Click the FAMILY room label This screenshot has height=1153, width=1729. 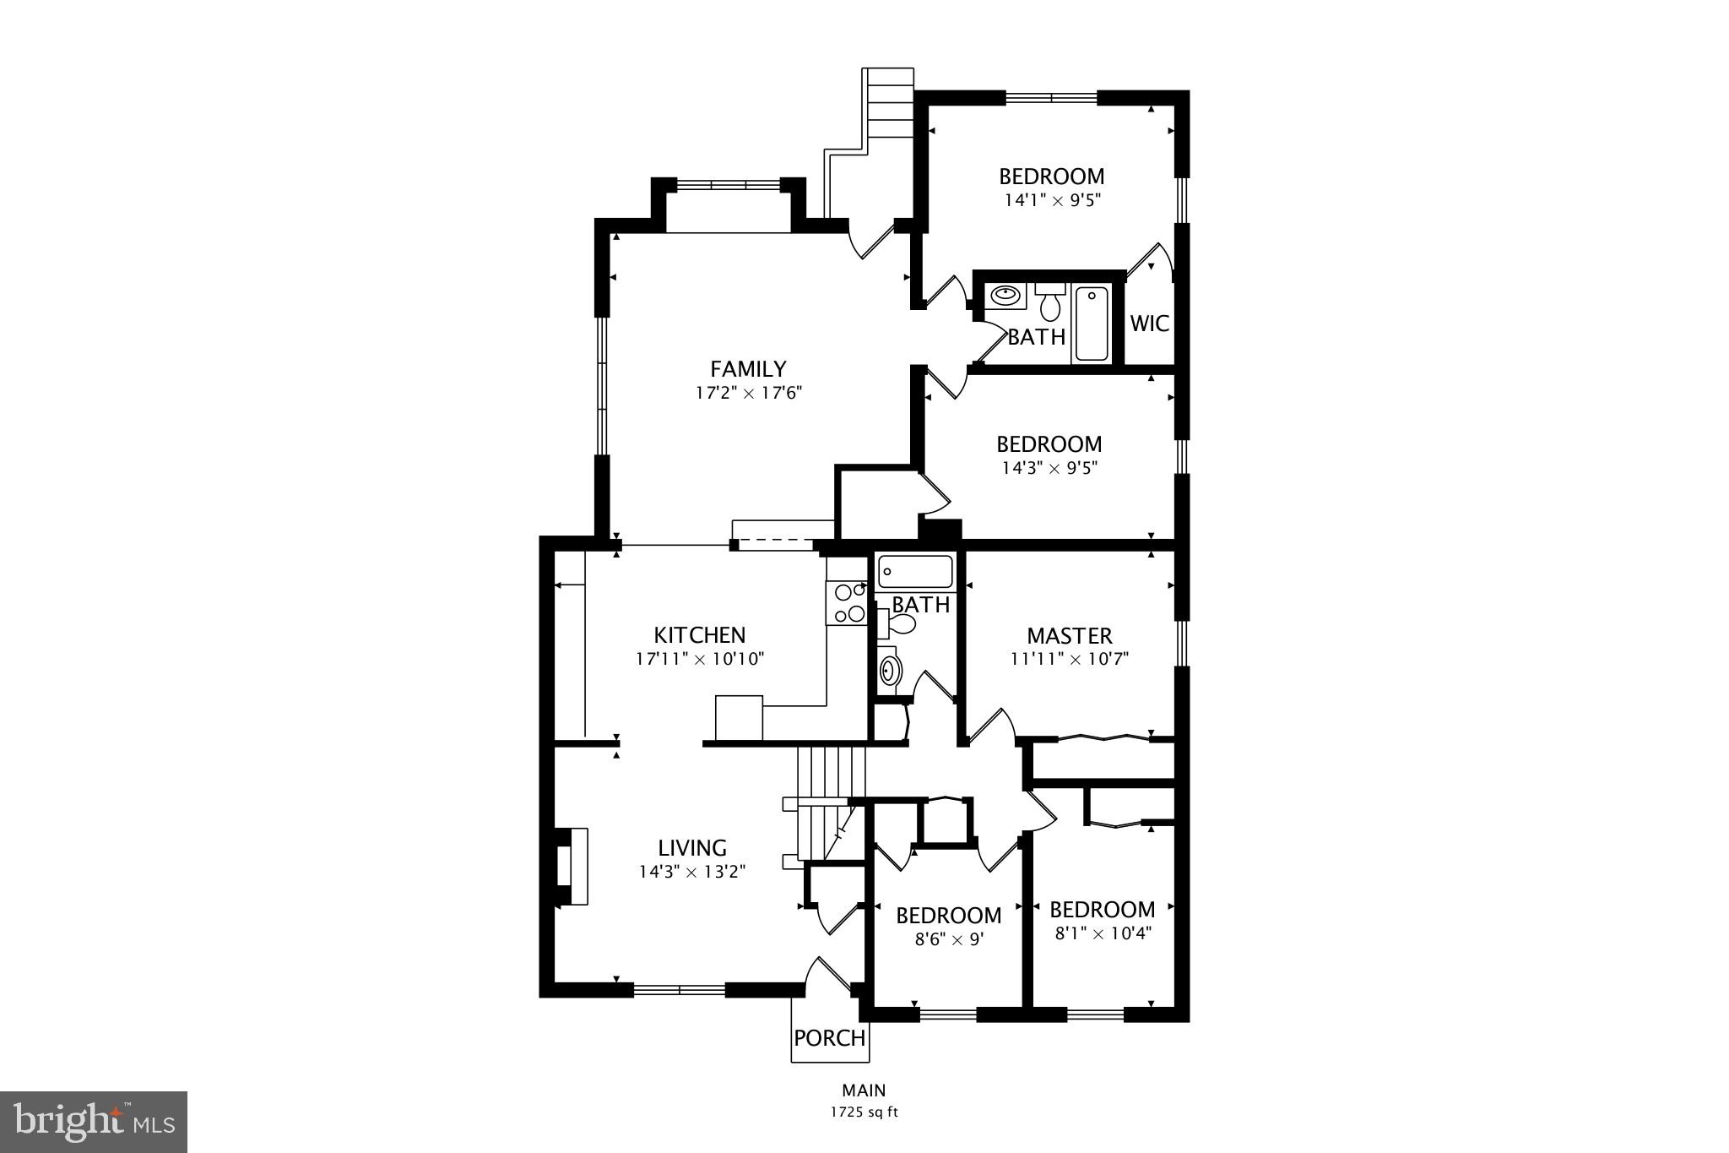coord(748,369)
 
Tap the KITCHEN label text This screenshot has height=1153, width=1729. coord(700,635)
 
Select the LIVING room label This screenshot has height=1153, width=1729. coord(692,848)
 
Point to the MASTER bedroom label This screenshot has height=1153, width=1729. coord(1070,636)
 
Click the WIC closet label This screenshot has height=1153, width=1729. coord(1150,324)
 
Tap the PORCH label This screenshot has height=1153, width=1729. coord(830,1038)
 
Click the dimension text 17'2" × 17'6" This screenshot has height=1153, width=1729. coord(748,393)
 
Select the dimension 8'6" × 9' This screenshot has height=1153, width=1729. coord(949,939)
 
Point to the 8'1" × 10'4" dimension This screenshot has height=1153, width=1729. coord(1103,933)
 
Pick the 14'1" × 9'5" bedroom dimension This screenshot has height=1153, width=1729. coord(1052,201)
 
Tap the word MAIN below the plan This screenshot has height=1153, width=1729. coord(864,1090)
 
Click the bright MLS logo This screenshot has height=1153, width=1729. coord(94,1122)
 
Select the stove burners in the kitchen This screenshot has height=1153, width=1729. coord(848,603)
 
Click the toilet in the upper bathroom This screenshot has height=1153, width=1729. coord(1049,301)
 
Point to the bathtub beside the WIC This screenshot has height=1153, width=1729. coord(1092,324)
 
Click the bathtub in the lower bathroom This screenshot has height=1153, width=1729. coord(914,572)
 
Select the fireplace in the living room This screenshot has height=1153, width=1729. coord(571,867)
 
